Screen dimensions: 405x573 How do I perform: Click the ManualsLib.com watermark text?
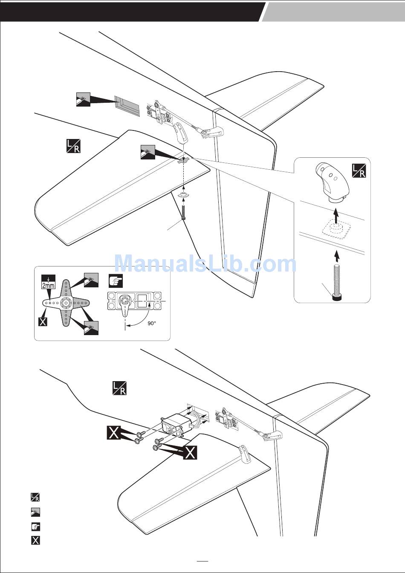pos(205,263)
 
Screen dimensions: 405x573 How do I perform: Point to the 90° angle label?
pos(152,323)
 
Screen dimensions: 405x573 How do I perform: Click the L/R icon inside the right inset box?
pos(359,170)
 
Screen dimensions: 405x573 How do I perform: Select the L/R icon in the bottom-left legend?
pos(35,497)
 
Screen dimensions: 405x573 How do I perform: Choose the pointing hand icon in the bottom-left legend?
pos(35,526)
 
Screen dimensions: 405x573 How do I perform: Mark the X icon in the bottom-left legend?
pos(35,541)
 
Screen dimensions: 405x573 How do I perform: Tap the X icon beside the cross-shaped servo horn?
pos(43,321)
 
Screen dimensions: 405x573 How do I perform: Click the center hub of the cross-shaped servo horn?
pos(66,303)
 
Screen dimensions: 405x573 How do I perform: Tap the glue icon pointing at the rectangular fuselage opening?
pos(83,99)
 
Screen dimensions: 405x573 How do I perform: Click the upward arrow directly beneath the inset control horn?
pos(336,213)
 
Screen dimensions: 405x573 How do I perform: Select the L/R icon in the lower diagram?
pos(119,388)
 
